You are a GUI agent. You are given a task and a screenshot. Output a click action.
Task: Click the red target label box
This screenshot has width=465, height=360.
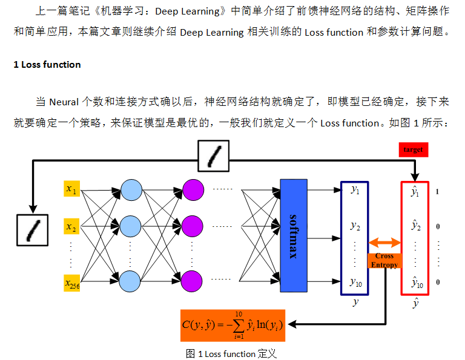tap(414, 149)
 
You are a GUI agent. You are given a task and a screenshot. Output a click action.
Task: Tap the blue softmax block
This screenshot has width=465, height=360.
tap(294, 235)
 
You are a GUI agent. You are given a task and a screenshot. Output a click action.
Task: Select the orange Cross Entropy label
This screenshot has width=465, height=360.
tap(384, 261)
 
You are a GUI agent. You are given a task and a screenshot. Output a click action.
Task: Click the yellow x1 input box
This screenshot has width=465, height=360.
tap(72, 190)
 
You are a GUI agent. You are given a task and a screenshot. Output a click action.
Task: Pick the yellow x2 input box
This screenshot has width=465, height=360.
tap(72, 227)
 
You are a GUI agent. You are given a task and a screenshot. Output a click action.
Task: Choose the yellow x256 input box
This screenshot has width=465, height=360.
tap(72, 283)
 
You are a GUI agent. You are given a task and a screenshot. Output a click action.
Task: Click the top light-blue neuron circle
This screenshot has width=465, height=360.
tap(130, 189)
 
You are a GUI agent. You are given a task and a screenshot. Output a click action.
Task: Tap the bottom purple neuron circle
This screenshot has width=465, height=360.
tap(192, 281)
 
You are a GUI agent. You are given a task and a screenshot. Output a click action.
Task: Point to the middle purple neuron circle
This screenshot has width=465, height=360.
tap(192, 226)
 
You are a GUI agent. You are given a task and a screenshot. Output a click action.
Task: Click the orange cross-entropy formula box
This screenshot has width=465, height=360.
tap(232, 325)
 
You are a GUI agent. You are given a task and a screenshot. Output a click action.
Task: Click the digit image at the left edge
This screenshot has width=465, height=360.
tap(32, 231)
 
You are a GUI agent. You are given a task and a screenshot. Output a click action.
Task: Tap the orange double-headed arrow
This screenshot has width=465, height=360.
tap(385, 243)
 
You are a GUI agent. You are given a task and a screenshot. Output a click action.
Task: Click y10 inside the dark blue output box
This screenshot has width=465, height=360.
tap(355, 281)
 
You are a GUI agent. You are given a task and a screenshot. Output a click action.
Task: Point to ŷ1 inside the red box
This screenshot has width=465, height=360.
tap(415, 192)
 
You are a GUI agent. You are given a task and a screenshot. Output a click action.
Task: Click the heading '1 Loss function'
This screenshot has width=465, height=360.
tap(47, 64)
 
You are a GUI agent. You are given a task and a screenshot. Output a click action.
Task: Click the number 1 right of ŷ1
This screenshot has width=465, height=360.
tap(437, 192)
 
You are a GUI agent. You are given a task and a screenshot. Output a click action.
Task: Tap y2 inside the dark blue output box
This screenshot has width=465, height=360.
tap(355, 226)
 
